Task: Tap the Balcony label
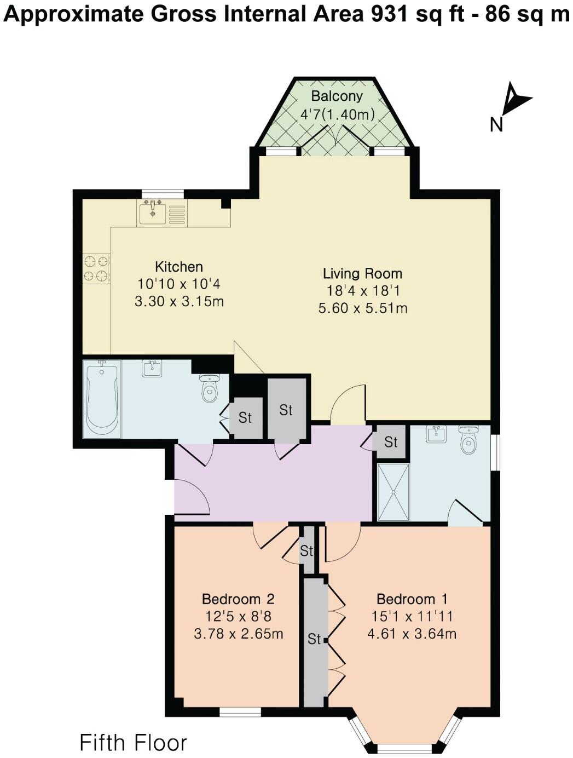click(337, 96)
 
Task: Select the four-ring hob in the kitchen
click(96, 269)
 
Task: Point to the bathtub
click(102, 399)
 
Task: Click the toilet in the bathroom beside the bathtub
click(210, 388)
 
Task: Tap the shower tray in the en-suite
click(393, 492)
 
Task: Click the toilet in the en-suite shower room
click(469, 440)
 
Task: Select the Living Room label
click(362, 274)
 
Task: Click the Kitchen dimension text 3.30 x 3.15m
click(179, 301)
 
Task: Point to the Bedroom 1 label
click(412, 599)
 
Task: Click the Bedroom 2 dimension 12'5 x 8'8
click(238, 616)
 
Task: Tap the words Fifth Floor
click(133, 743)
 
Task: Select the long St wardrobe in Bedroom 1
click(314, 641)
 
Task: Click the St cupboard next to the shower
click(391, 442)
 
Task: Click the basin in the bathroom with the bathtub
click(152, 369)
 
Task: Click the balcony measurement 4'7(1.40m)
click(337, 114)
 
